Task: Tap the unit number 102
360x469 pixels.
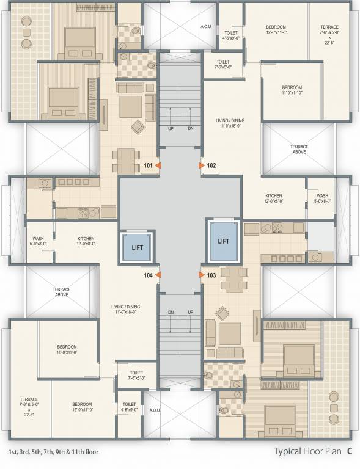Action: [212, 165]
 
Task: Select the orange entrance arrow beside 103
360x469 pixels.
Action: [202, 275]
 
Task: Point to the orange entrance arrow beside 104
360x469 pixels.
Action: [158, 275]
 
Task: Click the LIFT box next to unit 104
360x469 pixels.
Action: [138, 247]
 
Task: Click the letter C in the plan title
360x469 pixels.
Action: [350, 452]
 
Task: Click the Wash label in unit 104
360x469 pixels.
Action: [37, 241]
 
